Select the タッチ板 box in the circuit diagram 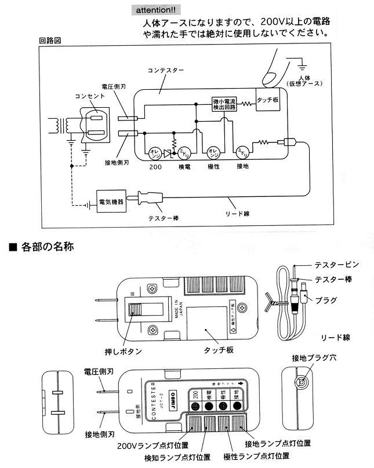(x=268, y=100)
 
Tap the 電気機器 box (x=111, y=202)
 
